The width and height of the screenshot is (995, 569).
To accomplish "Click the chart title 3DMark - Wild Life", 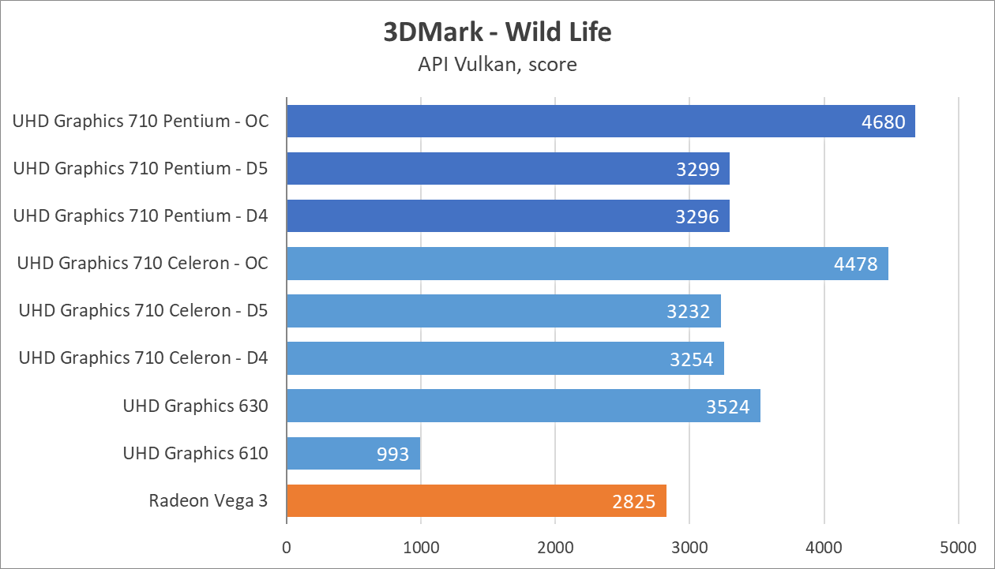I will [497, 32].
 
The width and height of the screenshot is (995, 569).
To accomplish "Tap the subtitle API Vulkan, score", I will [497, 64].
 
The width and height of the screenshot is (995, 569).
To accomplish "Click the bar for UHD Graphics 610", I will [353, 453].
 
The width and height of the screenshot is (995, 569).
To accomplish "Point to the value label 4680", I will [883, 122].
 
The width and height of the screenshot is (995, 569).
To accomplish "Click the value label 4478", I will [856, 264].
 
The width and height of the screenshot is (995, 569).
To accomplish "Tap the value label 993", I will [393, 454].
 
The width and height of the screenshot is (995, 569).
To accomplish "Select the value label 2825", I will [633, 501].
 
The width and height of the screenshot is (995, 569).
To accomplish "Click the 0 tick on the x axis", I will [287, 547].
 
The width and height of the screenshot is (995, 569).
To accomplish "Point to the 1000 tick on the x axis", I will [421, 547].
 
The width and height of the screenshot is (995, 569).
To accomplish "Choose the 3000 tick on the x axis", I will [689, 547].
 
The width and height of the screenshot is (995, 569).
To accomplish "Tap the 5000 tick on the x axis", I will [958, 547].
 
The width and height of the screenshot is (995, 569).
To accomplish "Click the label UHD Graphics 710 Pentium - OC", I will [141, 122].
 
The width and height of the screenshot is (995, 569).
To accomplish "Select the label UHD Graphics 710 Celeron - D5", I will [143, 311].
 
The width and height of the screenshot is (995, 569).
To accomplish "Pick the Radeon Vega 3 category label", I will [208, 500].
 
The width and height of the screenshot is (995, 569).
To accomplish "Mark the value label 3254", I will [692, 359].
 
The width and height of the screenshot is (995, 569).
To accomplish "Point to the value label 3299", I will [697, 170].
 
